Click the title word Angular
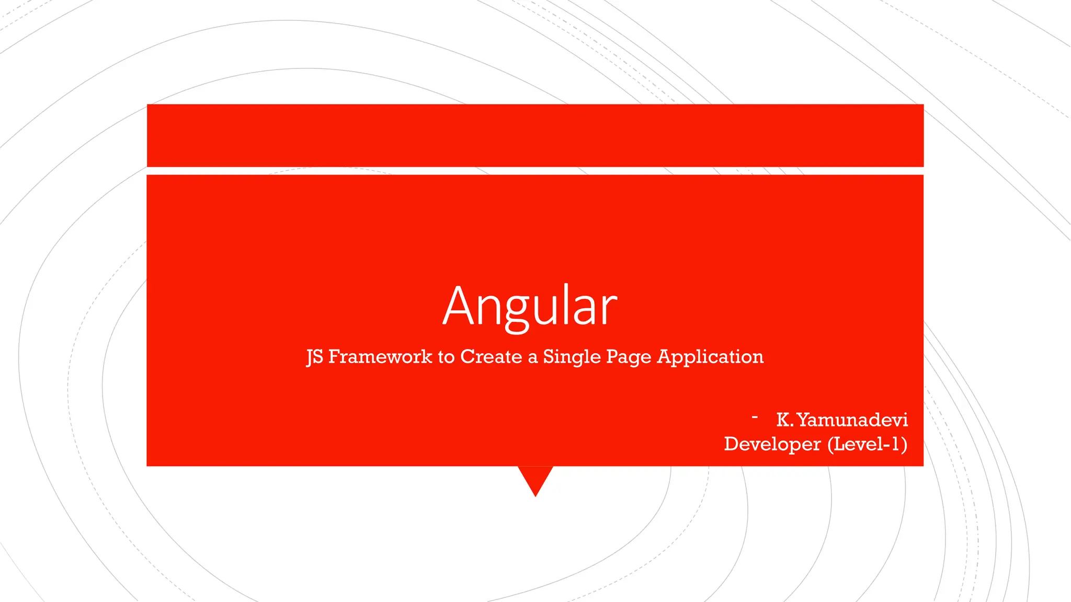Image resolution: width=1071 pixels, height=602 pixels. pos(530,307)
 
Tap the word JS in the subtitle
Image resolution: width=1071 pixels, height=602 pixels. pos(315,357)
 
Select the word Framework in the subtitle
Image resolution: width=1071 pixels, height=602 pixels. pos(380,356)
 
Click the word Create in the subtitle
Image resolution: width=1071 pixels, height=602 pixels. pos(491,356)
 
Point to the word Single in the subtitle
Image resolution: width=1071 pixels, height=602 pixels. pos(572,357)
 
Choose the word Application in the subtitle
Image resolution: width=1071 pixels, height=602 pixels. pos(710,357)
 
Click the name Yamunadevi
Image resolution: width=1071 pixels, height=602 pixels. pos(852,420)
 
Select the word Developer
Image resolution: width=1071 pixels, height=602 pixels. pos(772,444)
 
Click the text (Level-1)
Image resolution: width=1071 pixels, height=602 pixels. pos(867,444)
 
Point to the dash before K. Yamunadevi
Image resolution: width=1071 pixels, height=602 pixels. pos(755,417)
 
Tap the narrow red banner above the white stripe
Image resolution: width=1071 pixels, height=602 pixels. pos(535,135)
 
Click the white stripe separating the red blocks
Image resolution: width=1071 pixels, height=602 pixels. pos(535,171)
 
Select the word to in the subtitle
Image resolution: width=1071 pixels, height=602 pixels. pos(446,357)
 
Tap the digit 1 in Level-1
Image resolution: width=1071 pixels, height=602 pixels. pos(896,444)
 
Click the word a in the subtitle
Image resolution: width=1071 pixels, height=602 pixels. pos(532,358)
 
